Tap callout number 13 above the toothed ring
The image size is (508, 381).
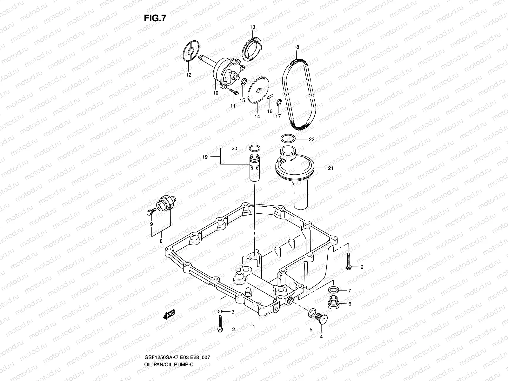click(252, 27)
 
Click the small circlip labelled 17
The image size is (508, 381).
click(279, 102)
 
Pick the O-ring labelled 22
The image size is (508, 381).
click(289, 139)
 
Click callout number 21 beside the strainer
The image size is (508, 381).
click(331, 169)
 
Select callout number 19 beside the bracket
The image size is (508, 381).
click(205, 157)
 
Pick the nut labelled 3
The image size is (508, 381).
click(220, 311)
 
